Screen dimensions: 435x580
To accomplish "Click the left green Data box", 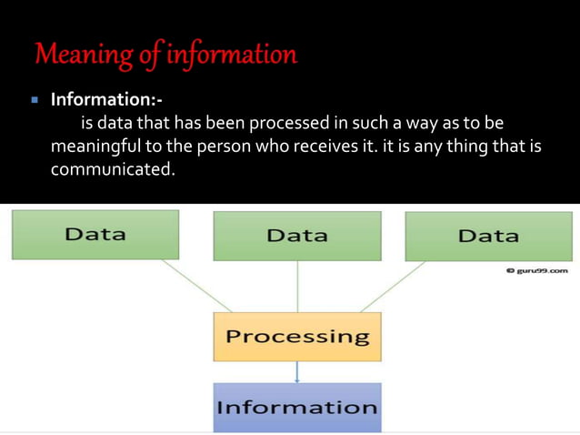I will pyautogui.click(x=95, y=234).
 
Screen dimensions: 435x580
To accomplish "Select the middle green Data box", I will pyautogui.click(x=297, y=236).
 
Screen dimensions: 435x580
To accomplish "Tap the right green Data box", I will pyautogui.click(x=488, y=236).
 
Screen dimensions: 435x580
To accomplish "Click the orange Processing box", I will pyautogui.click(x=297, y=337).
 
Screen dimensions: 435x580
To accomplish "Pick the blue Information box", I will pyautogui.click(x=297, y=406).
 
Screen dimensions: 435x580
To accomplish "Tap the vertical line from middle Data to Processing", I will pyautogui.click(x=297, y=286).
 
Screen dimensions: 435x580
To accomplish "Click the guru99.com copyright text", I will pyautogui.click(x=539, y=270).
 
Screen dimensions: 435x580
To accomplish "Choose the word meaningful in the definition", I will pyautogui.click(x=96, y=147).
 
